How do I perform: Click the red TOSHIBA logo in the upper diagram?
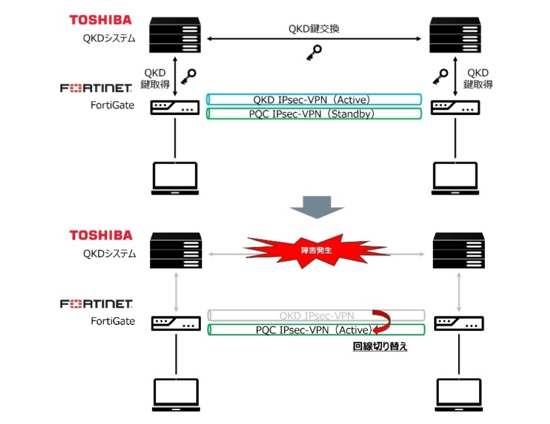coord(100,20)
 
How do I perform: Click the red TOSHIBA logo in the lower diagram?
coord(100,235)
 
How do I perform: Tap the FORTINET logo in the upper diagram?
coord(96,89)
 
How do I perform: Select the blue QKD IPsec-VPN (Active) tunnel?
coord(315,100)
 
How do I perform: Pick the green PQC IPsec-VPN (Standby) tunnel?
coord(315,113)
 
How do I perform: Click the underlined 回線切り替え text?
coord(380,348)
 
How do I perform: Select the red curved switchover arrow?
coord(382,321)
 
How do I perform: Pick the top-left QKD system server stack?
coord(175,35)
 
